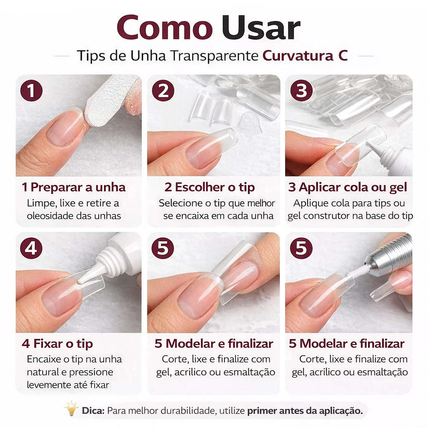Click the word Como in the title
[165, 28]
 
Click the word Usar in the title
[261, 28]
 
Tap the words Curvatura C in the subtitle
[305, 56]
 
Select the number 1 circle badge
[31, 91]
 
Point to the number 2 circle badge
[163, 91]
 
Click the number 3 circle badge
[301, 91]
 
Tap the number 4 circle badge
[31, 248]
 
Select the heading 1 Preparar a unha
[74, 187]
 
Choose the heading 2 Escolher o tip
[209, 188]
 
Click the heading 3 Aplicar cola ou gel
[348, 188]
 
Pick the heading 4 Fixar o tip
[57, 344]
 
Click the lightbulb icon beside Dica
[71, 409]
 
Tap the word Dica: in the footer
[93, 410]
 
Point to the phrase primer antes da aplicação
[305, 411]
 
